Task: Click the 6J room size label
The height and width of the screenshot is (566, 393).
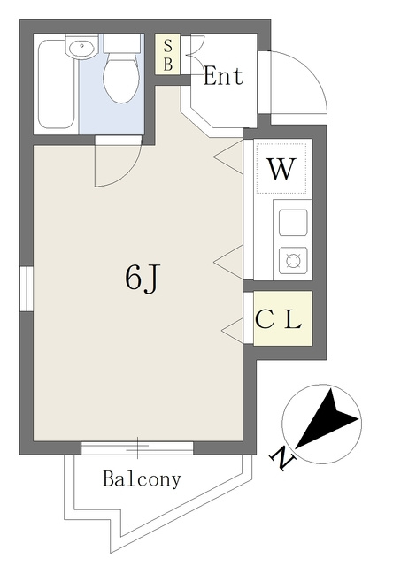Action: click(x=142, y=279)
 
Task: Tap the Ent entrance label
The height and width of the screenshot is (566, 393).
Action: click(x=224, y=76)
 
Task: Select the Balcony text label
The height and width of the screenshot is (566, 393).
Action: click(x=142, y=479)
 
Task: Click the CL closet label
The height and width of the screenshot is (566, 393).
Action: click(x=279, y=319)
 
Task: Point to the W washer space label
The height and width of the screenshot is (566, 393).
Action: click(x=281, y=169)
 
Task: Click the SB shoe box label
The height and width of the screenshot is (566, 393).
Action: click(x=167, y=55)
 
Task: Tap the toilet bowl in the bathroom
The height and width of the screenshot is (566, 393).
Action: click(x=121, y=78)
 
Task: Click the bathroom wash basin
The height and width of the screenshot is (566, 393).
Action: click(x=82, y=47)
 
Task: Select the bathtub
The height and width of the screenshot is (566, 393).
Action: click(x=56, y=84)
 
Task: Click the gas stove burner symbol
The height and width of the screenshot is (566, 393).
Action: click(x=293, y=260)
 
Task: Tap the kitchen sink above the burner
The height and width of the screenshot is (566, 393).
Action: click(x=293, y=222)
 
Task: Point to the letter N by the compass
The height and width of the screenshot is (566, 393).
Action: click(x=283, y=459)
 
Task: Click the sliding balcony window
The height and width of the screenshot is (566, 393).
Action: click(x=137, y=447)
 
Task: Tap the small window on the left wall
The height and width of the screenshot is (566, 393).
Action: click(x=27, y=289)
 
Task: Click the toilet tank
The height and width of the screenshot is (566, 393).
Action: click(x=122, y=43)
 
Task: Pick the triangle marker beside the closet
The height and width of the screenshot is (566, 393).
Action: click(x=232, y=330)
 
